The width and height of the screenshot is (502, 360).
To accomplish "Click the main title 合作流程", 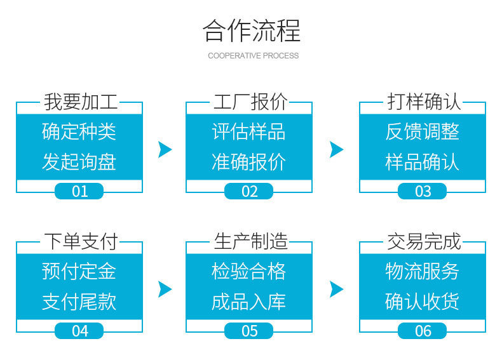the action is click(252, 30).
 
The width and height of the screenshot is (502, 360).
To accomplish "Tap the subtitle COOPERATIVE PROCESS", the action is click(254, 56).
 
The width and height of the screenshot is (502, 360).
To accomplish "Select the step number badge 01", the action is click(79, 191).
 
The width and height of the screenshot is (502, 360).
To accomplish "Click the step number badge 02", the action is click(248, 191).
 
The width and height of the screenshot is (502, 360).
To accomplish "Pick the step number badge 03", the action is click(423, 191).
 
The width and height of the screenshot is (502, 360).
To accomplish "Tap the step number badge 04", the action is click(79, 331).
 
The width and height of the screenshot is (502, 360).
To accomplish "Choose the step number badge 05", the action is click(248, 331).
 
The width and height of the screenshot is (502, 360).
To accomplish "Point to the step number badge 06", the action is click(423, 331).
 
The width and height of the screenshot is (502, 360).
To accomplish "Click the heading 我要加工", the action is click(81, 102).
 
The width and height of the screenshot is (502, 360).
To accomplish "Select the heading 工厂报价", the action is click(250, 102).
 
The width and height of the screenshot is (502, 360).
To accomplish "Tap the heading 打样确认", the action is click(424, 102).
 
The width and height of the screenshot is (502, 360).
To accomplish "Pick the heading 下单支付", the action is click(81, 242).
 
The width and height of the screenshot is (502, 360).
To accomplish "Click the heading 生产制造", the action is click(250, 242).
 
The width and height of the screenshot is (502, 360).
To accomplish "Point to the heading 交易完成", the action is click(424, 242).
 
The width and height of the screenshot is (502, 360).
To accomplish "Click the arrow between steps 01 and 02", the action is click(165, 149).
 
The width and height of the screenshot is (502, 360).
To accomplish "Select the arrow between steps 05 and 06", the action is click(336, 290).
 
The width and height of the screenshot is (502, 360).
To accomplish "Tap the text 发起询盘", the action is click(79, 162).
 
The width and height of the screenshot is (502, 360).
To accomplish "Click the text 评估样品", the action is click(248, 131).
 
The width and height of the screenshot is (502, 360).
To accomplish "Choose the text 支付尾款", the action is click(79, 302).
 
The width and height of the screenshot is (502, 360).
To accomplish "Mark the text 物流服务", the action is click(423, 271).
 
